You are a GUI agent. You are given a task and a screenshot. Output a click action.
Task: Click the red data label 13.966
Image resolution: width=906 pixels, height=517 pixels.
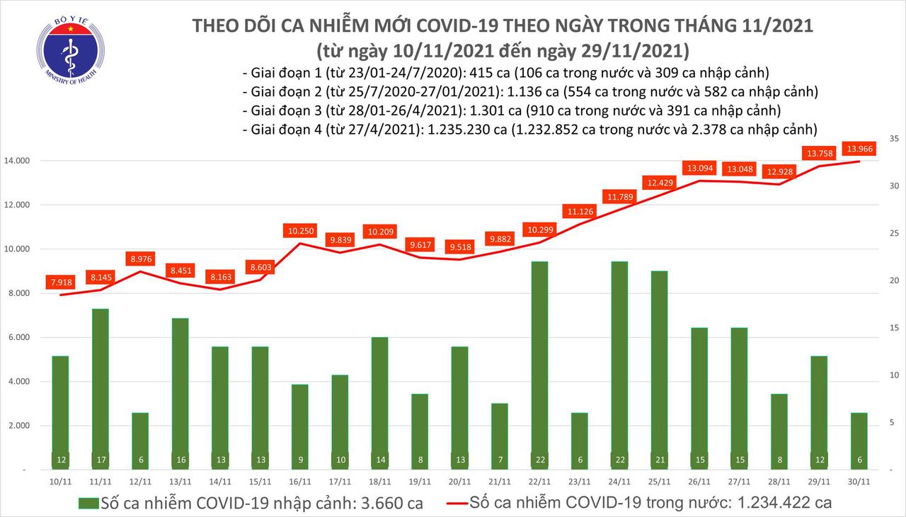click(x=858, y=149)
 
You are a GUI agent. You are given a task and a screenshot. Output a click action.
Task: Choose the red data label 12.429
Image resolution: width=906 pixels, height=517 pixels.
click(x=658, y=183)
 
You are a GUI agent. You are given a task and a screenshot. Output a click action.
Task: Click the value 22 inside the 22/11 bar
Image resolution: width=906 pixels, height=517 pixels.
click(x=539, y=460)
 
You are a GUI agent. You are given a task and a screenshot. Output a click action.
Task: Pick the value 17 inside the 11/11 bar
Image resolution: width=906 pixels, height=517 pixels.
click(x=100, y=460)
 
